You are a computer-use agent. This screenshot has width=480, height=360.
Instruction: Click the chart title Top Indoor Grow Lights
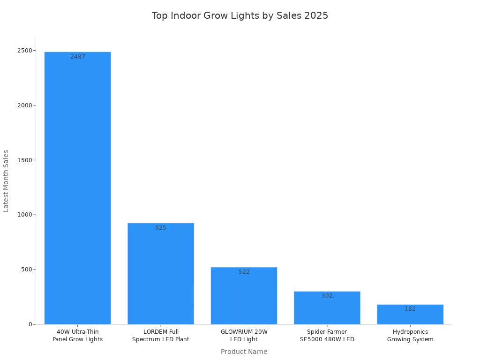[240, 15]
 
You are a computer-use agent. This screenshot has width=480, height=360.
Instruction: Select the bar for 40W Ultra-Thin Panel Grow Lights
[78, 187]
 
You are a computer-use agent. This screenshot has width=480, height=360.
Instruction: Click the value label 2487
[78, 57]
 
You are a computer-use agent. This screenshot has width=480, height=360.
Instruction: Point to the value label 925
[161, 228]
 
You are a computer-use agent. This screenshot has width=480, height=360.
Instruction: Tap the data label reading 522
[244, 272]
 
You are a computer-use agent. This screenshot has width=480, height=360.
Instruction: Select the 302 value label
[327, 296]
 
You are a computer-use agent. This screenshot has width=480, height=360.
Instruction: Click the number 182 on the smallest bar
[410, 309]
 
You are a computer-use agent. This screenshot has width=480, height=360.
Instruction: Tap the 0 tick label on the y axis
[30, 324]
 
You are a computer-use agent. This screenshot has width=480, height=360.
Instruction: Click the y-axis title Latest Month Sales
[6, 180]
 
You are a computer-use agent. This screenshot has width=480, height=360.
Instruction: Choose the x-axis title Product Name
[244, 352]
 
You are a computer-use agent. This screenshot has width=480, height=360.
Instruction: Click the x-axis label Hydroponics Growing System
[410, 336]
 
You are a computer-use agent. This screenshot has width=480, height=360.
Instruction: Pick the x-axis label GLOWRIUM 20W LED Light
[244, 336]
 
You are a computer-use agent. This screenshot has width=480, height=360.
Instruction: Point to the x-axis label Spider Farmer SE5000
[327, 336]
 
